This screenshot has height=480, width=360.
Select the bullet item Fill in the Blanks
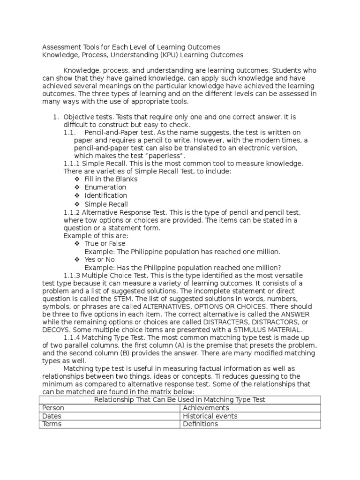[111, 179]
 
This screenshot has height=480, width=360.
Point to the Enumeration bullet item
[105, 187]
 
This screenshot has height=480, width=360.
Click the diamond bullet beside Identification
[77, 195]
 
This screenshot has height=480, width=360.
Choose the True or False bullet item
[105, 244]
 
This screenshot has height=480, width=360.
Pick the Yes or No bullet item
[99, 260]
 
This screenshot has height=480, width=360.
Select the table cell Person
[53, 408]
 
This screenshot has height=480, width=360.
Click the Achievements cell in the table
[206, 408]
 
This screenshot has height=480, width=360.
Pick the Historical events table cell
[210, 416]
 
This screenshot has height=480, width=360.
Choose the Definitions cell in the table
[200, 424]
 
